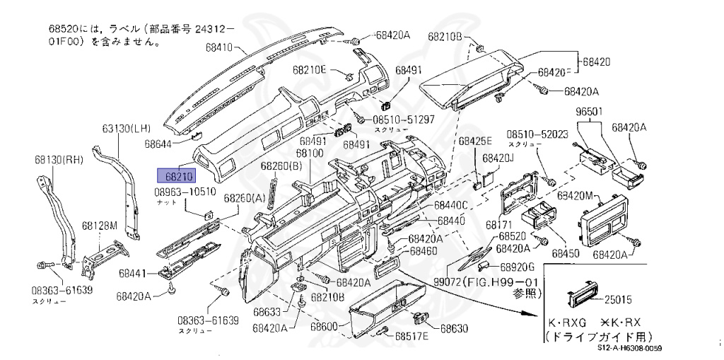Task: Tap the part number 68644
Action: (158, 143)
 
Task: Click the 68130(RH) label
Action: (62, 161)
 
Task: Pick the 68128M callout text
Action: (98, 226)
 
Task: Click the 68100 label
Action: (310, 153)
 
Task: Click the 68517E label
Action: (412, 335)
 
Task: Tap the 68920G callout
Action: (518, 267)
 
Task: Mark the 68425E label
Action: (474, 141)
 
